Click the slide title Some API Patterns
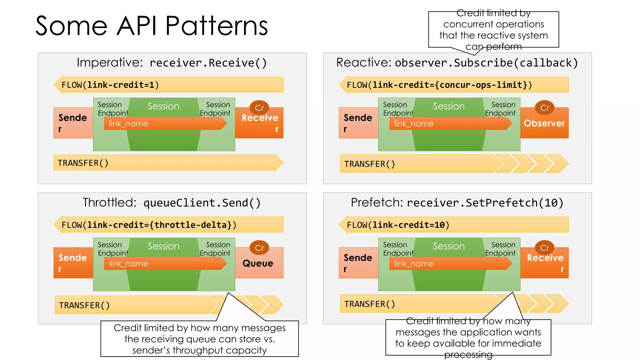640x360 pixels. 152,26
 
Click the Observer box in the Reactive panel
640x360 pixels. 544,123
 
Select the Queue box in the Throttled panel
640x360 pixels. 258,263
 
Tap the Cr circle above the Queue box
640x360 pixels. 259,248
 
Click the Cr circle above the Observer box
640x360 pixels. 545,108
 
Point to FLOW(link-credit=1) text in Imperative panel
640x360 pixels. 110,85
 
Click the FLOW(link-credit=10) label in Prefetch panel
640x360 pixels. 398,225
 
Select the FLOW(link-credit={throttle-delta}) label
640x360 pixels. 149,225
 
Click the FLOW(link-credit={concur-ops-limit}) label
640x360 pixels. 439,85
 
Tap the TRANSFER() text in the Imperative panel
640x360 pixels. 83,163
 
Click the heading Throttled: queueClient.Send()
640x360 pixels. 172,203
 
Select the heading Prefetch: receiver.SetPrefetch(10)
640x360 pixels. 457,203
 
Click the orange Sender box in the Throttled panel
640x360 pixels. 73,263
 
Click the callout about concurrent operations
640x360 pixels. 493,30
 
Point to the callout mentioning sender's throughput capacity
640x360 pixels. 199,339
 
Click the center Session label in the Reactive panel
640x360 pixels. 449,106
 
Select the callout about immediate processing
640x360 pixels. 468,337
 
